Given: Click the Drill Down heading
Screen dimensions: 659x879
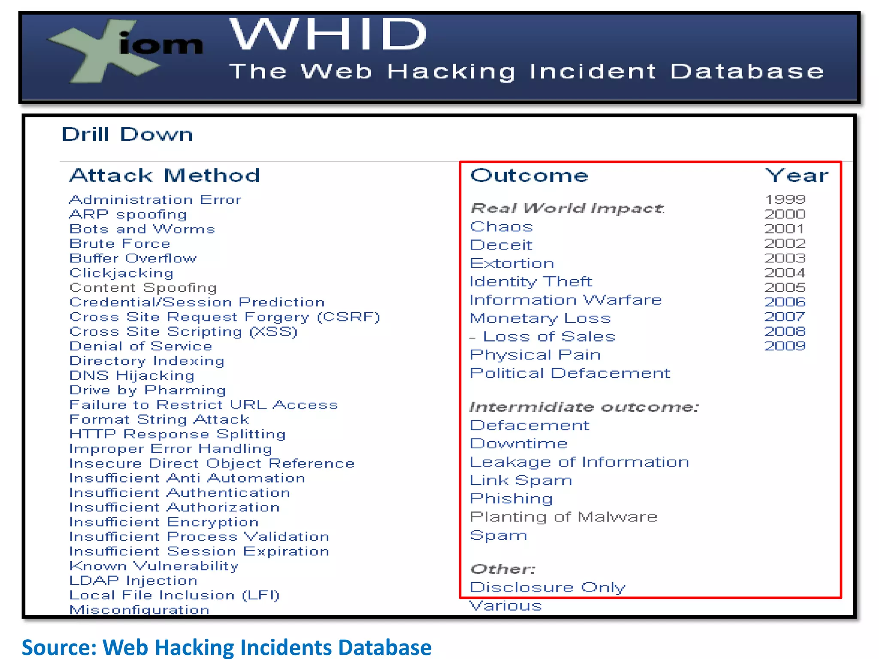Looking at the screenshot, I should coord(127,134).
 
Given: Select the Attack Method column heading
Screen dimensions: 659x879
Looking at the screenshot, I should coord(165,175).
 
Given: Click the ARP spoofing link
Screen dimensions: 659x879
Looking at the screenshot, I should coord(128,214).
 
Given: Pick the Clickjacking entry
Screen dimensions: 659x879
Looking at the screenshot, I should coord(121,273).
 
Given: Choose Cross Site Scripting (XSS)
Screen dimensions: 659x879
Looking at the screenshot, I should coord(183,332).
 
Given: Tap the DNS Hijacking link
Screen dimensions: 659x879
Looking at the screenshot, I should coord(132,375).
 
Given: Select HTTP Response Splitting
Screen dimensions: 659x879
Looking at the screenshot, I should coord(177,434).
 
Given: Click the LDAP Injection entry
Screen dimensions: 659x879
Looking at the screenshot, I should coord(133,580).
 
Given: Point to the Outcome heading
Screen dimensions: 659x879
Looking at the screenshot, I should coord(529,175).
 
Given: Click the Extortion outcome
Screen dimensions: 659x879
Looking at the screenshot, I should coord(512,263).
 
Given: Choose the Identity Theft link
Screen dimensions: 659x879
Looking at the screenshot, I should coord(530,281).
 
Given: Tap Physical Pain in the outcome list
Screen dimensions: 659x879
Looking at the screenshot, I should coord(535,355).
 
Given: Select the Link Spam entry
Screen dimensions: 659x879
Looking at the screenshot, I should coord(521,480).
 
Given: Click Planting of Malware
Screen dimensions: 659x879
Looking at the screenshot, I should coord(563,517).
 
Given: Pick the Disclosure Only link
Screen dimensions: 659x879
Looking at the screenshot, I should coord(547,587).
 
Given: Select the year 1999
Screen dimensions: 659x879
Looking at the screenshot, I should coord(785,200).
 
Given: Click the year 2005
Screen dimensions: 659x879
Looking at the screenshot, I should coord(785,287).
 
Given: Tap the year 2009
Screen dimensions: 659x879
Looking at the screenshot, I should coord(785,346).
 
